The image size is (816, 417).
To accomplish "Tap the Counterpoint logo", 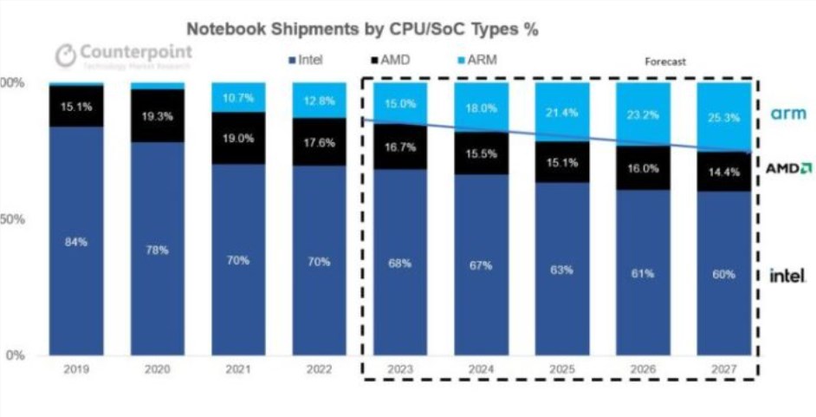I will point(124,55).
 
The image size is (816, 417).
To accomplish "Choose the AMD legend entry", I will point(392,60).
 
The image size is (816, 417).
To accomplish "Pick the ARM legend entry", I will point(475,60).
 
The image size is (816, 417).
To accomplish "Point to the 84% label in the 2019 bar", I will point(76,242).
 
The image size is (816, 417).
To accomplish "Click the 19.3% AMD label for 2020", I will point(156,115).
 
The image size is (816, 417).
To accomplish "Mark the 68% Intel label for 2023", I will point(399,264).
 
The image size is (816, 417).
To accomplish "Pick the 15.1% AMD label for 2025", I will point(561,161).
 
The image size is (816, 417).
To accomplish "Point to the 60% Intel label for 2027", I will point(724,274).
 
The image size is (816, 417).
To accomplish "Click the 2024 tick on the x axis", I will point(481,369).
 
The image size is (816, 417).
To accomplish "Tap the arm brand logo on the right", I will point(788,114).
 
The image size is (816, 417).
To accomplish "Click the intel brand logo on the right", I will point(788,276).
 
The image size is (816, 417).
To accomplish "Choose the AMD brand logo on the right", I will point(788,167).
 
